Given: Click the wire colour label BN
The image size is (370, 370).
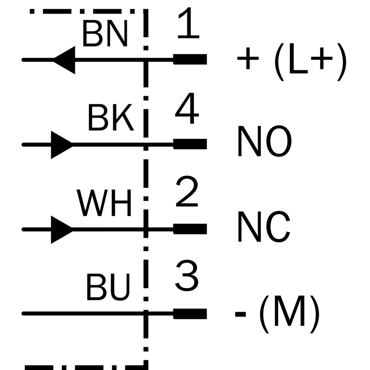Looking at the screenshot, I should [105, 34].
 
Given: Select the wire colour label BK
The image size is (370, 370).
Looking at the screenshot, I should [110, 119].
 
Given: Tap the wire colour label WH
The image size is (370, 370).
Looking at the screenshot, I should [105, 204].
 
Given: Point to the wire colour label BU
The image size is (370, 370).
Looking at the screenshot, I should [107, 288].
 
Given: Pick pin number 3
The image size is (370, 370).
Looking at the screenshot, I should [187, 277].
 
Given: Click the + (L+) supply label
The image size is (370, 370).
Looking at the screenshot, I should [291, 61].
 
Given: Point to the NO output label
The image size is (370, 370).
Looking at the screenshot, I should [265, 142].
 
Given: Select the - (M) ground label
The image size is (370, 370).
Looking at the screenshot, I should [277, 313].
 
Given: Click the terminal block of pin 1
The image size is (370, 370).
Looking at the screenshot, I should [190, 59].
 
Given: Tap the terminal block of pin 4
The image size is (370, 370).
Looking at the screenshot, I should [190, 144].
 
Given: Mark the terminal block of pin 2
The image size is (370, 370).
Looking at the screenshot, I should [190, 228].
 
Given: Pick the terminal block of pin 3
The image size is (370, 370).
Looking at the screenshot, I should [190, 314].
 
